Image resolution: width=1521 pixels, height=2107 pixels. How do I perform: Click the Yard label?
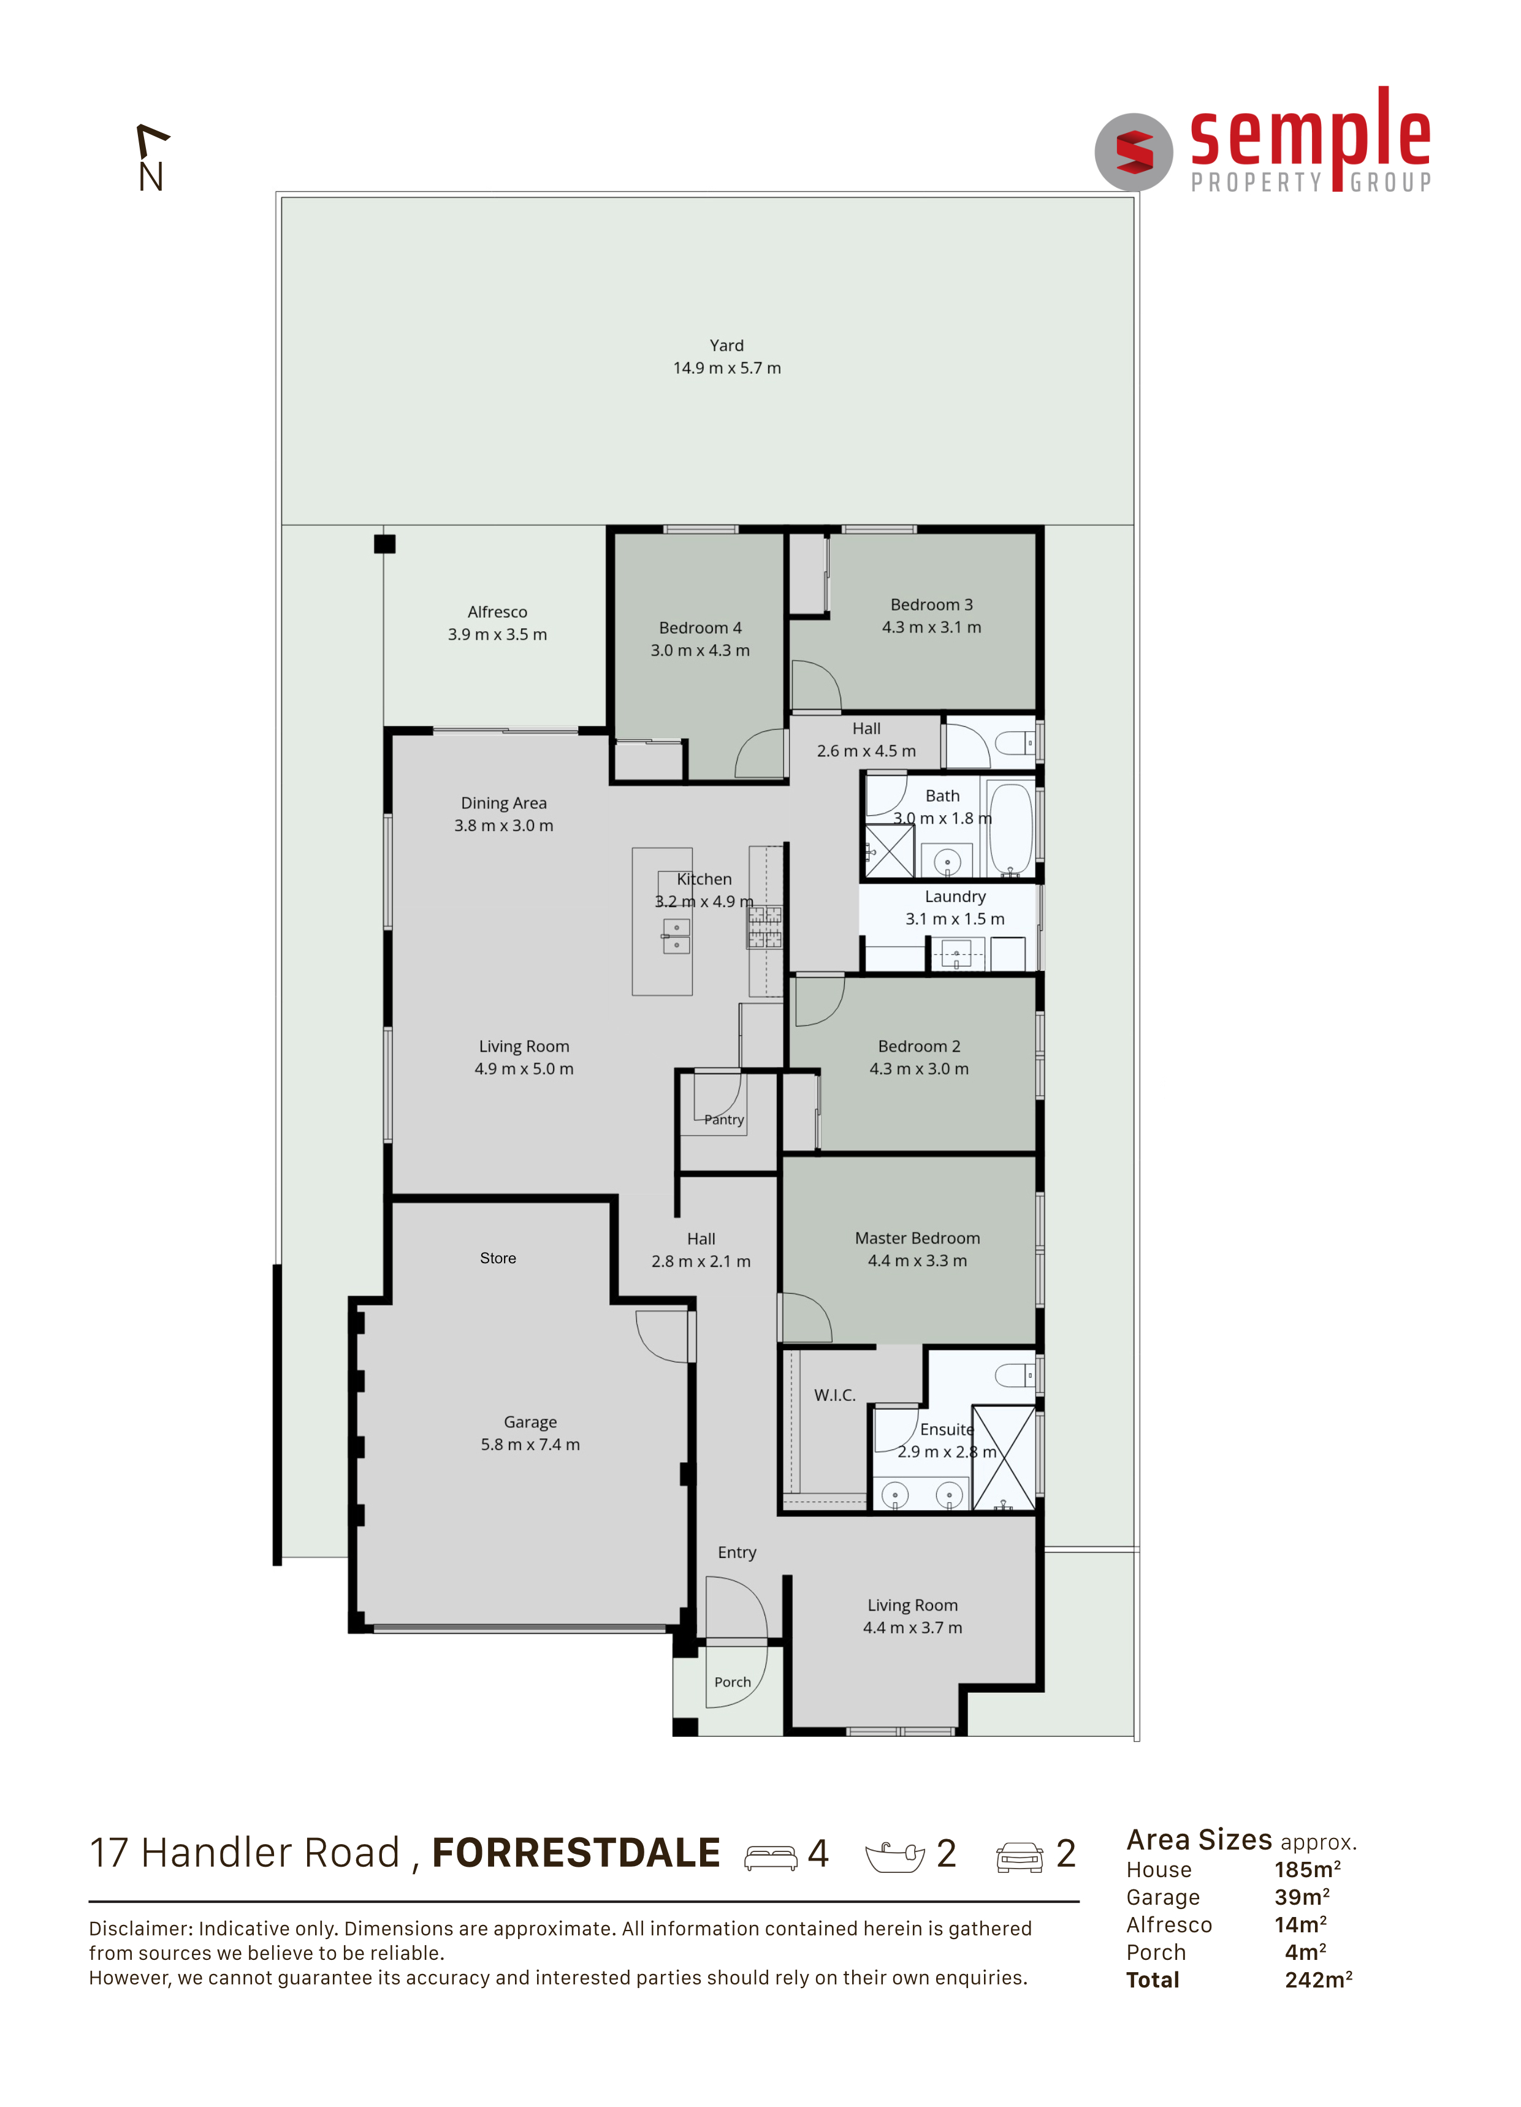point(726,346)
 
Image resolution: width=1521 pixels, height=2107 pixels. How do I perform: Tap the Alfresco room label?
point(497,612)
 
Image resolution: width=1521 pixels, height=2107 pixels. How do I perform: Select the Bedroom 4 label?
point(700,628)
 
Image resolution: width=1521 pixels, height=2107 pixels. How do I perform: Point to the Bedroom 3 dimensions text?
point(931,627)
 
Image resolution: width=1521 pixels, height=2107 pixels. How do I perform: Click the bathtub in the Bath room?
point(1010,829)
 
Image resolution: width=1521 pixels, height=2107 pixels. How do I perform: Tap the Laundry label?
point(955,897)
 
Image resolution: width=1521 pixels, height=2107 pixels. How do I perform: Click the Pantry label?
point(724,1120)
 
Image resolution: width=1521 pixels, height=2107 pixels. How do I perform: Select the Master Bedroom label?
point(917,1239)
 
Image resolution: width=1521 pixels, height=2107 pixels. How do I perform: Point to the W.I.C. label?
point(834,1395)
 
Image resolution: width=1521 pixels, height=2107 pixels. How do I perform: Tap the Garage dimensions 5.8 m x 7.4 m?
point(530,1445)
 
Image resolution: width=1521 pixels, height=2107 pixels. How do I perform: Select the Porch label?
point(732,1682)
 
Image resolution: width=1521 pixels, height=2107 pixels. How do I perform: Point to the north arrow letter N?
point(151,177)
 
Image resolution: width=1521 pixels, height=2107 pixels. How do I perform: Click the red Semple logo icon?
point(1134,151)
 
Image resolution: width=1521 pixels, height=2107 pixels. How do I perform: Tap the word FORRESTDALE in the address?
point(576,1853)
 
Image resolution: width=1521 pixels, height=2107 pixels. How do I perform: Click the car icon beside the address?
point(1020,1856)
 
